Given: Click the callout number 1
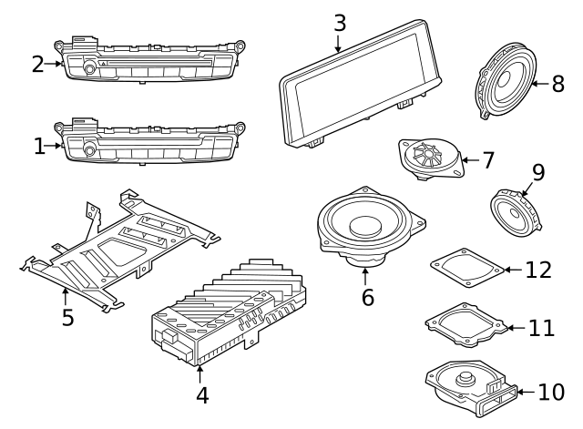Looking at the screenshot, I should [39, 146].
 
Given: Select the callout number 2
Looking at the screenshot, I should [37, 64].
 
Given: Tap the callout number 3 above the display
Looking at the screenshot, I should [339, 22].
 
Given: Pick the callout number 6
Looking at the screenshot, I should [367, 297].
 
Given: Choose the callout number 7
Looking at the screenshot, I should [487, 161].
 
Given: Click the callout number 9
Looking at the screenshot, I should [537, 171].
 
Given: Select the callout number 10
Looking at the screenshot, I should [551, 393].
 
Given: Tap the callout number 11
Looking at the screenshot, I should [541, 328].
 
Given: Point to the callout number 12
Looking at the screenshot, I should [538, 271].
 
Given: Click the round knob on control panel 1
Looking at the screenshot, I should [89, 148].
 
